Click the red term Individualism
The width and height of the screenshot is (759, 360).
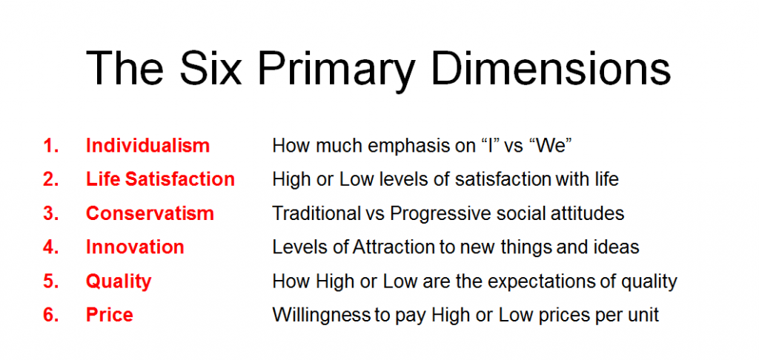click(x=148, y=146)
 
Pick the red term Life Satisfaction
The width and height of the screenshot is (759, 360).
click(x=160, y=179)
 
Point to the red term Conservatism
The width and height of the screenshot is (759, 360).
click(x=150, y=213)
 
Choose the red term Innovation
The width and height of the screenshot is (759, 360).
click(x=135, y=247)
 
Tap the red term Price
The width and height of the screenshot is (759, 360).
click(x=110, y=315)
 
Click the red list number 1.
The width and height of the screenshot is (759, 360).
click(x=51, y=146)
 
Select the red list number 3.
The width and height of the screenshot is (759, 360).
click(x=51, y=213)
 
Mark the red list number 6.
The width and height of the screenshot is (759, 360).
click(x=51, y=315)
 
